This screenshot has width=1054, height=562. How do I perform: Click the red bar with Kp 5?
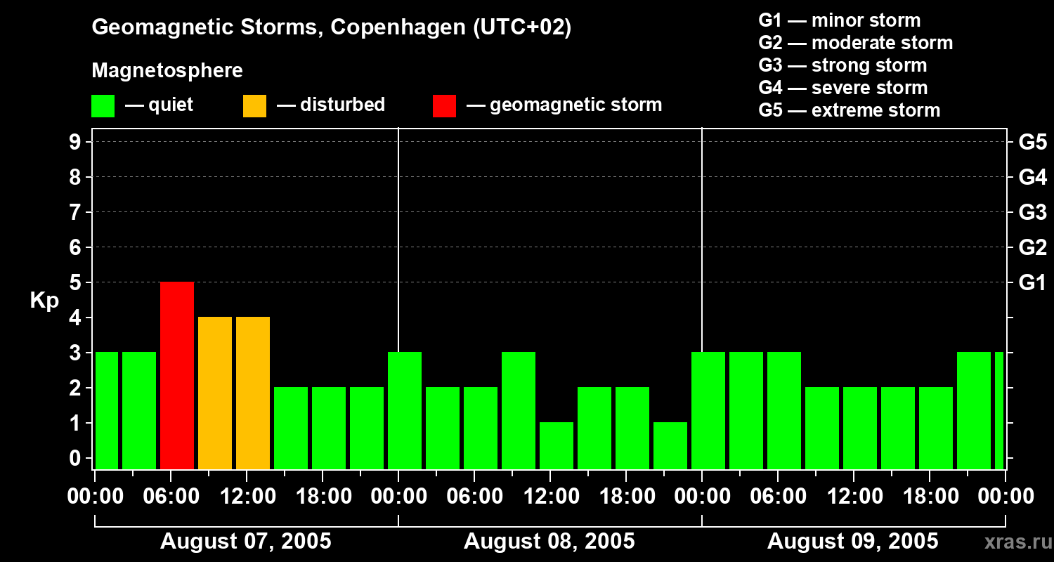tap(177, 375)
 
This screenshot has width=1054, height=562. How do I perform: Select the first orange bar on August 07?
tap(215, 393)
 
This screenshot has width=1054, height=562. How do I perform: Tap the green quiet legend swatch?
tap(103, 105)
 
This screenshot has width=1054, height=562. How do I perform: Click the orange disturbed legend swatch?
tap(254, 105)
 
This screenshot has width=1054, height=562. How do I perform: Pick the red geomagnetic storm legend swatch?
tap(444, 105)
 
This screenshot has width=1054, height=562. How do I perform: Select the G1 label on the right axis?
tap(1032, 283)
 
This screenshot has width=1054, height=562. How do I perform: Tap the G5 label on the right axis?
tap(1032, 143)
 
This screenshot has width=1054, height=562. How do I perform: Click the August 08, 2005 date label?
tap(549, 542)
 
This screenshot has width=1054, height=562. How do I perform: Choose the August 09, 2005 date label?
tap(852, 542)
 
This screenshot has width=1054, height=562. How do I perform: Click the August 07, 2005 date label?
tap(246, 542)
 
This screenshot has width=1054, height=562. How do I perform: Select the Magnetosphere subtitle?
tap(167, 71)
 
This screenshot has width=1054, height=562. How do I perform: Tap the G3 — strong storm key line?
tap(842, 65)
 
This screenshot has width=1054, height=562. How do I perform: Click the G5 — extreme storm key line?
tap(849, 110)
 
